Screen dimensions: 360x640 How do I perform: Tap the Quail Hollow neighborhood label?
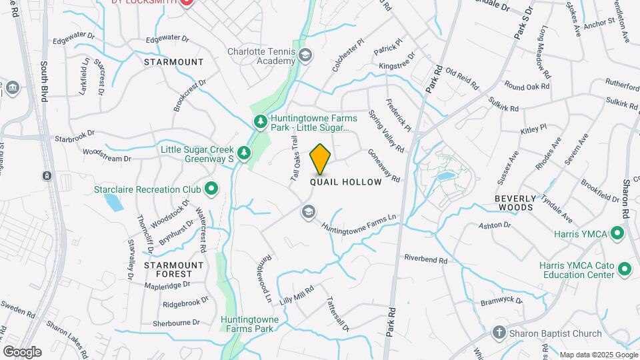[x=346, y=182]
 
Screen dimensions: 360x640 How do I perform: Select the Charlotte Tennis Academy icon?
[x=305, y=55]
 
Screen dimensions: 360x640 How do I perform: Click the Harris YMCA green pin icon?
[x=617, y=234]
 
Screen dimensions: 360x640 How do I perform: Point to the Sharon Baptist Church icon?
[x=499, y=333]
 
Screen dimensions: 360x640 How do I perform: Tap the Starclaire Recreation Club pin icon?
[x=212, y=189]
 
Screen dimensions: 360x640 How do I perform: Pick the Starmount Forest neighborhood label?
[x=173, y=269]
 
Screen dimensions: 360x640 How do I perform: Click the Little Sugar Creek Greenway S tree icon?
[x=245, y=153]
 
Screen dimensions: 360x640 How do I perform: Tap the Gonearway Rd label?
[x=383, y=165]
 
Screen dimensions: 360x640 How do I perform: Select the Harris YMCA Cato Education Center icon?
[x=625, y=269]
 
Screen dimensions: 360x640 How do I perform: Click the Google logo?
[x=23, y=351]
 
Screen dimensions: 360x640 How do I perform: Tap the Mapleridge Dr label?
[x=167, y=284]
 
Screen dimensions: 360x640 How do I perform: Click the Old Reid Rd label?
[x=462, y=78]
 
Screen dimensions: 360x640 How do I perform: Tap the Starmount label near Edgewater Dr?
[x=173, y=62]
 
